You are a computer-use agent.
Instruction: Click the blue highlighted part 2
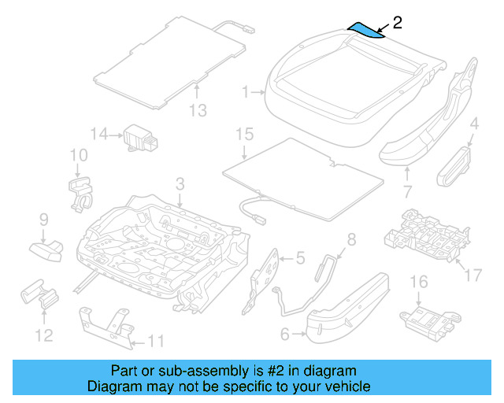(367, 29)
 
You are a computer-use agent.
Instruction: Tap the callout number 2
(397, 22)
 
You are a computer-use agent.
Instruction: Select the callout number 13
(198, 110)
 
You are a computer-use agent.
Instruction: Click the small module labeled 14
(139, 138)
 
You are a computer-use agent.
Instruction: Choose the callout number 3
(180, 184)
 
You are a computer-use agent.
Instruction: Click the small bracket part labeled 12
(39, 297)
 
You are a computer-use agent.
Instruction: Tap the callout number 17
(472, 275)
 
